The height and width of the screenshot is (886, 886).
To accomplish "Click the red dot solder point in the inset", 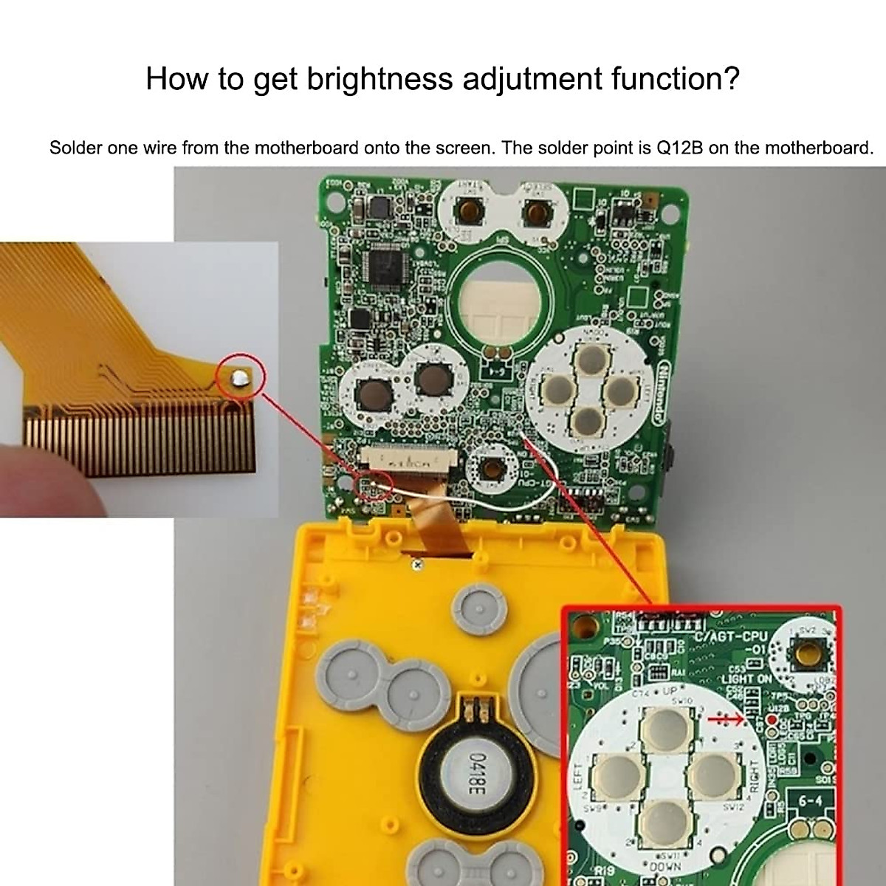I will point(772,720).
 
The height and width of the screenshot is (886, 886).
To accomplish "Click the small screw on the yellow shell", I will point(417,566).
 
